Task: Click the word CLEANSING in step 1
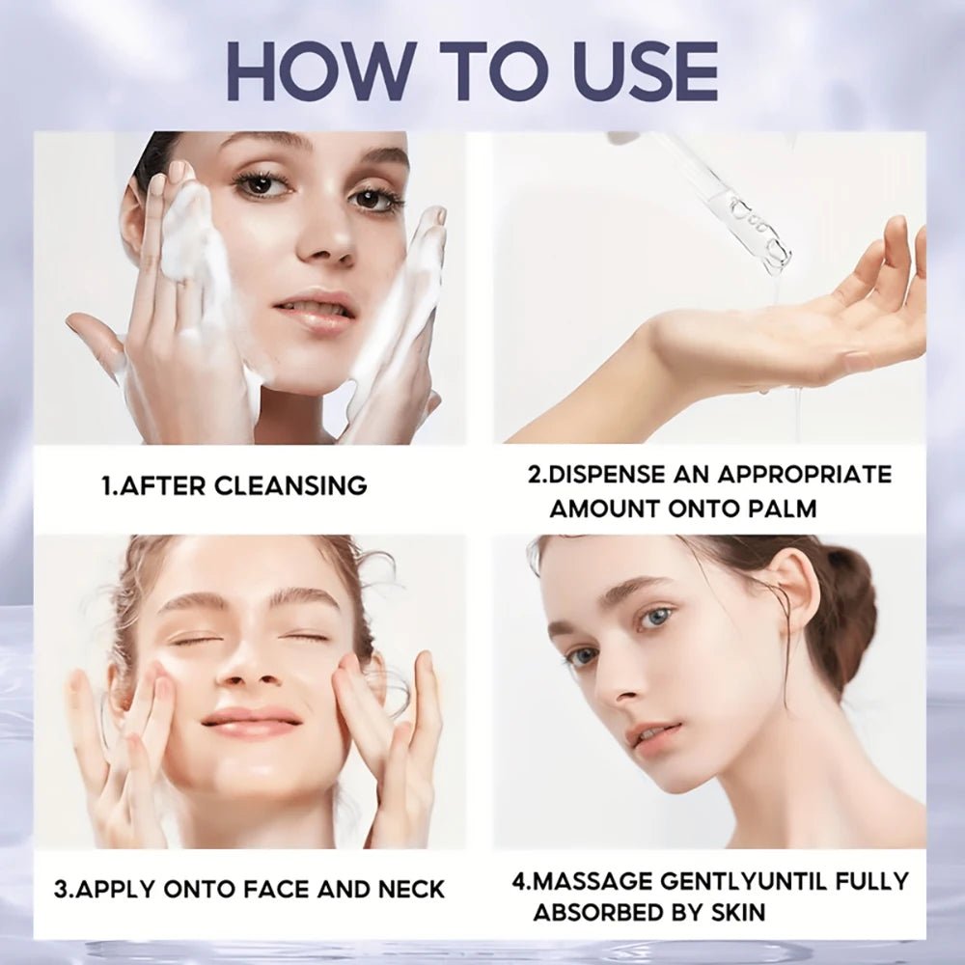(290, 485)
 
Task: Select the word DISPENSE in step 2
(610, 474)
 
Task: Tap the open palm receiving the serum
(772, 328)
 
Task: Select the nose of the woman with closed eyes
(254, 675)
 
